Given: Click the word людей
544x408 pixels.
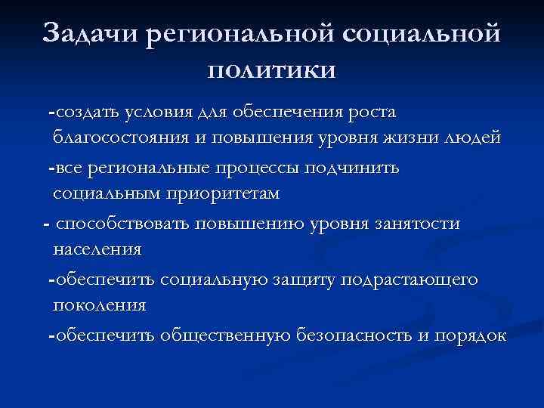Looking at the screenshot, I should pyautogui.click(x=472, y=140).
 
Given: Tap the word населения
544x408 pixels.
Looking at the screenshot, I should pyautogui.click(x=97, y=249).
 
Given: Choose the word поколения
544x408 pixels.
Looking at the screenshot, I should pyautogui.click(x=99, y=306).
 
